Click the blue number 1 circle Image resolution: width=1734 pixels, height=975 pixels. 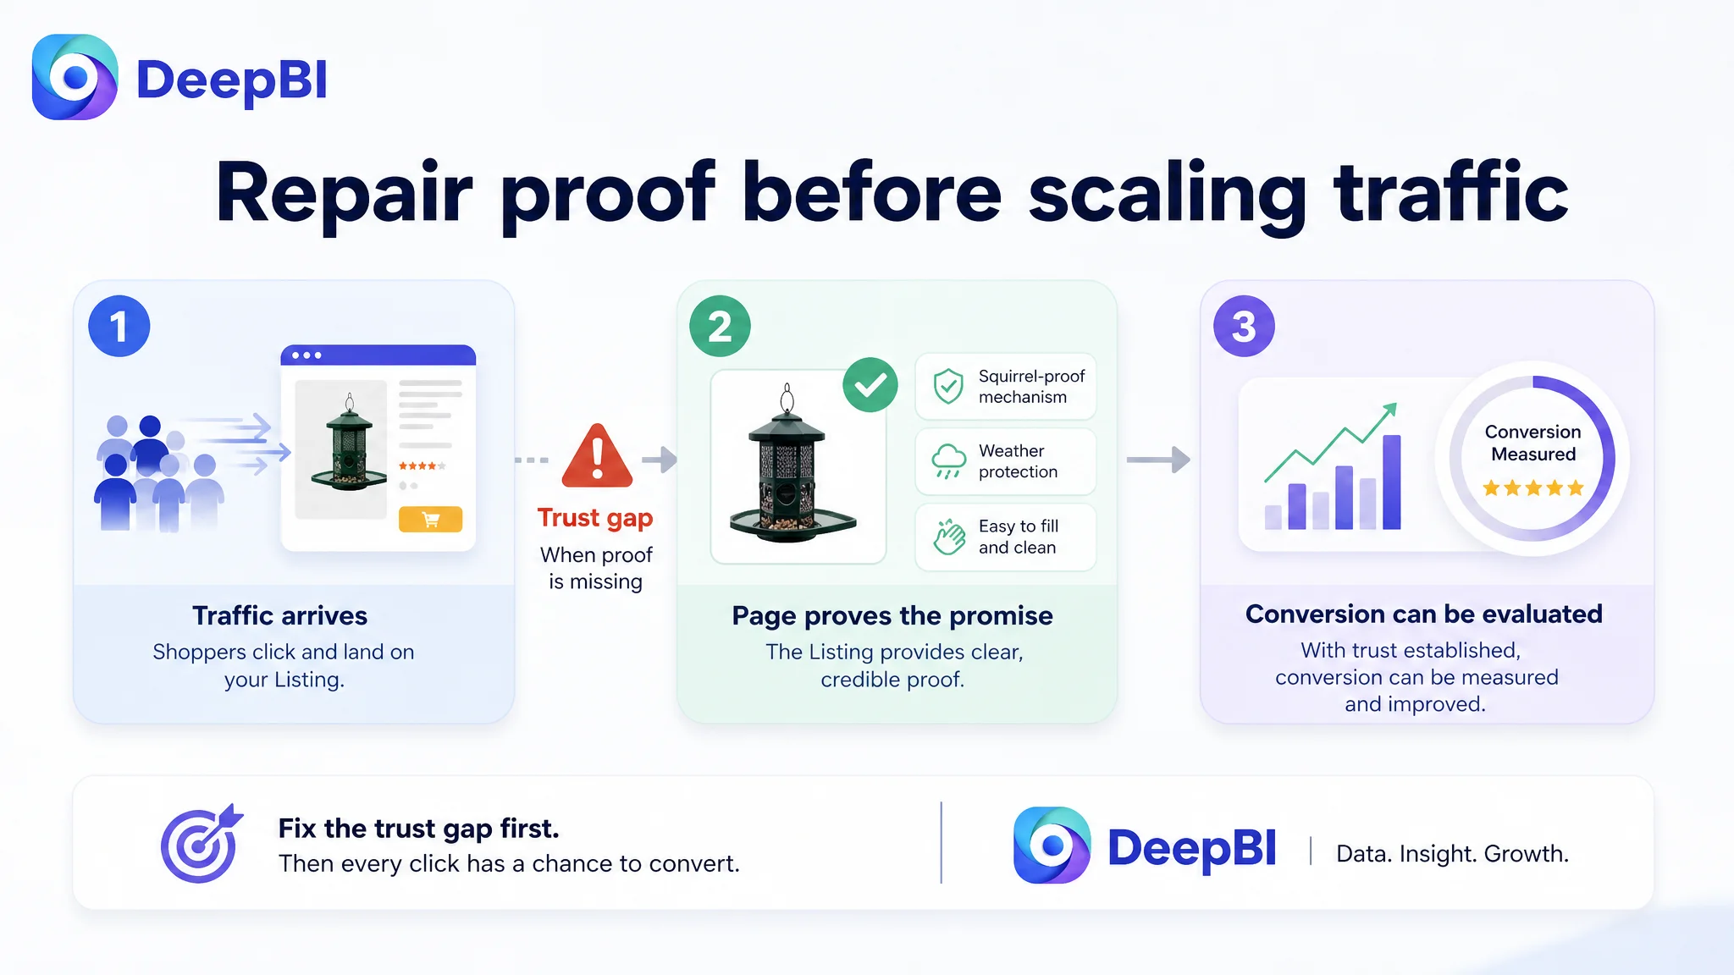tap(119, 326)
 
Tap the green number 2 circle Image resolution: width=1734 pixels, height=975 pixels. tap(720, 326)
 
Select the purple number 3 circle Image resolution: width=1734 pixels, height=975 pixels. tap(1244, 326)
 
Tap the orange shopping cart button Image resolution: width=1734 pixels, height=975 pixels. tap(430, 519)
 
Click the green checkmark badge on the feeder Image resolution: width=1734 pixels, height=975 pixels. tap(870, 385)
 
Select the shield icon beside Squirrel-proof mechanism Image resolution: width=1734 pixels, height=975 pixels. tap(948, 386)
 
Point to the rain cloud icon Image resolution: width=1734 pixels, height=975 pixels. tap(948, 461)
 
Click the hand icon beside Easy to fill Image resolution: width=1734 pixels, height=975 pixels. tap(949, 537)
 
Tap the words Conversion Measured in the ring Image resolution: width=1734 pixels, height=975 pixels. tap(1532, 443)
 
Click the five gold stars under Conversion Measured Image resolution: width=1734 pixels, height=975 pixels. tap(1532, 487)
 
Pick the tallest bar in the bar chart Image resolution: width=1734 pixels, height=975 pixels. tap(1392, 482)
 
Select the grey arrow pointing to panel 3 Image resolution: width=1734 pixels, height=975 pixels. tap(1158, 460)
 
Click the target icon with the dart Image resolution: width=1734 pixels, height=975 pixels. tap(202, 843)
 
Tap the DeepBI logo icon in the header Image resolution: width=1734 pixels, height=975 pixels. tap(75, 77)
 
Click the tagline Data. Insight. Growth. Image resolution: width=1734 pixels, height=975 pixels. tap(1452, 853)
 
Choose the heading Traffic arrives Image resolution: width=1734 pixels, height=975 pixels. tap(279, 615)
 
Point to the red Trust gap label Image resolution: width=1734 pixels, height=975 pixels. tap(595, 518)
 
